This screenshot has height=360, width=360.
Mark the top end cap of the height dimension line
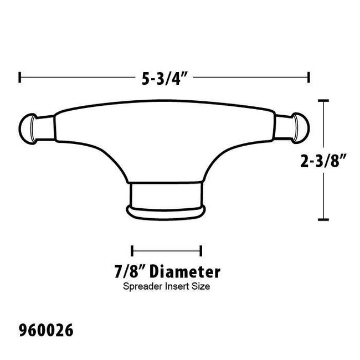click(324, 100)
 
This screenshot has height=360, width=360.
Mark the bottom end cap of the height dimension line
click(324, 220)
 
